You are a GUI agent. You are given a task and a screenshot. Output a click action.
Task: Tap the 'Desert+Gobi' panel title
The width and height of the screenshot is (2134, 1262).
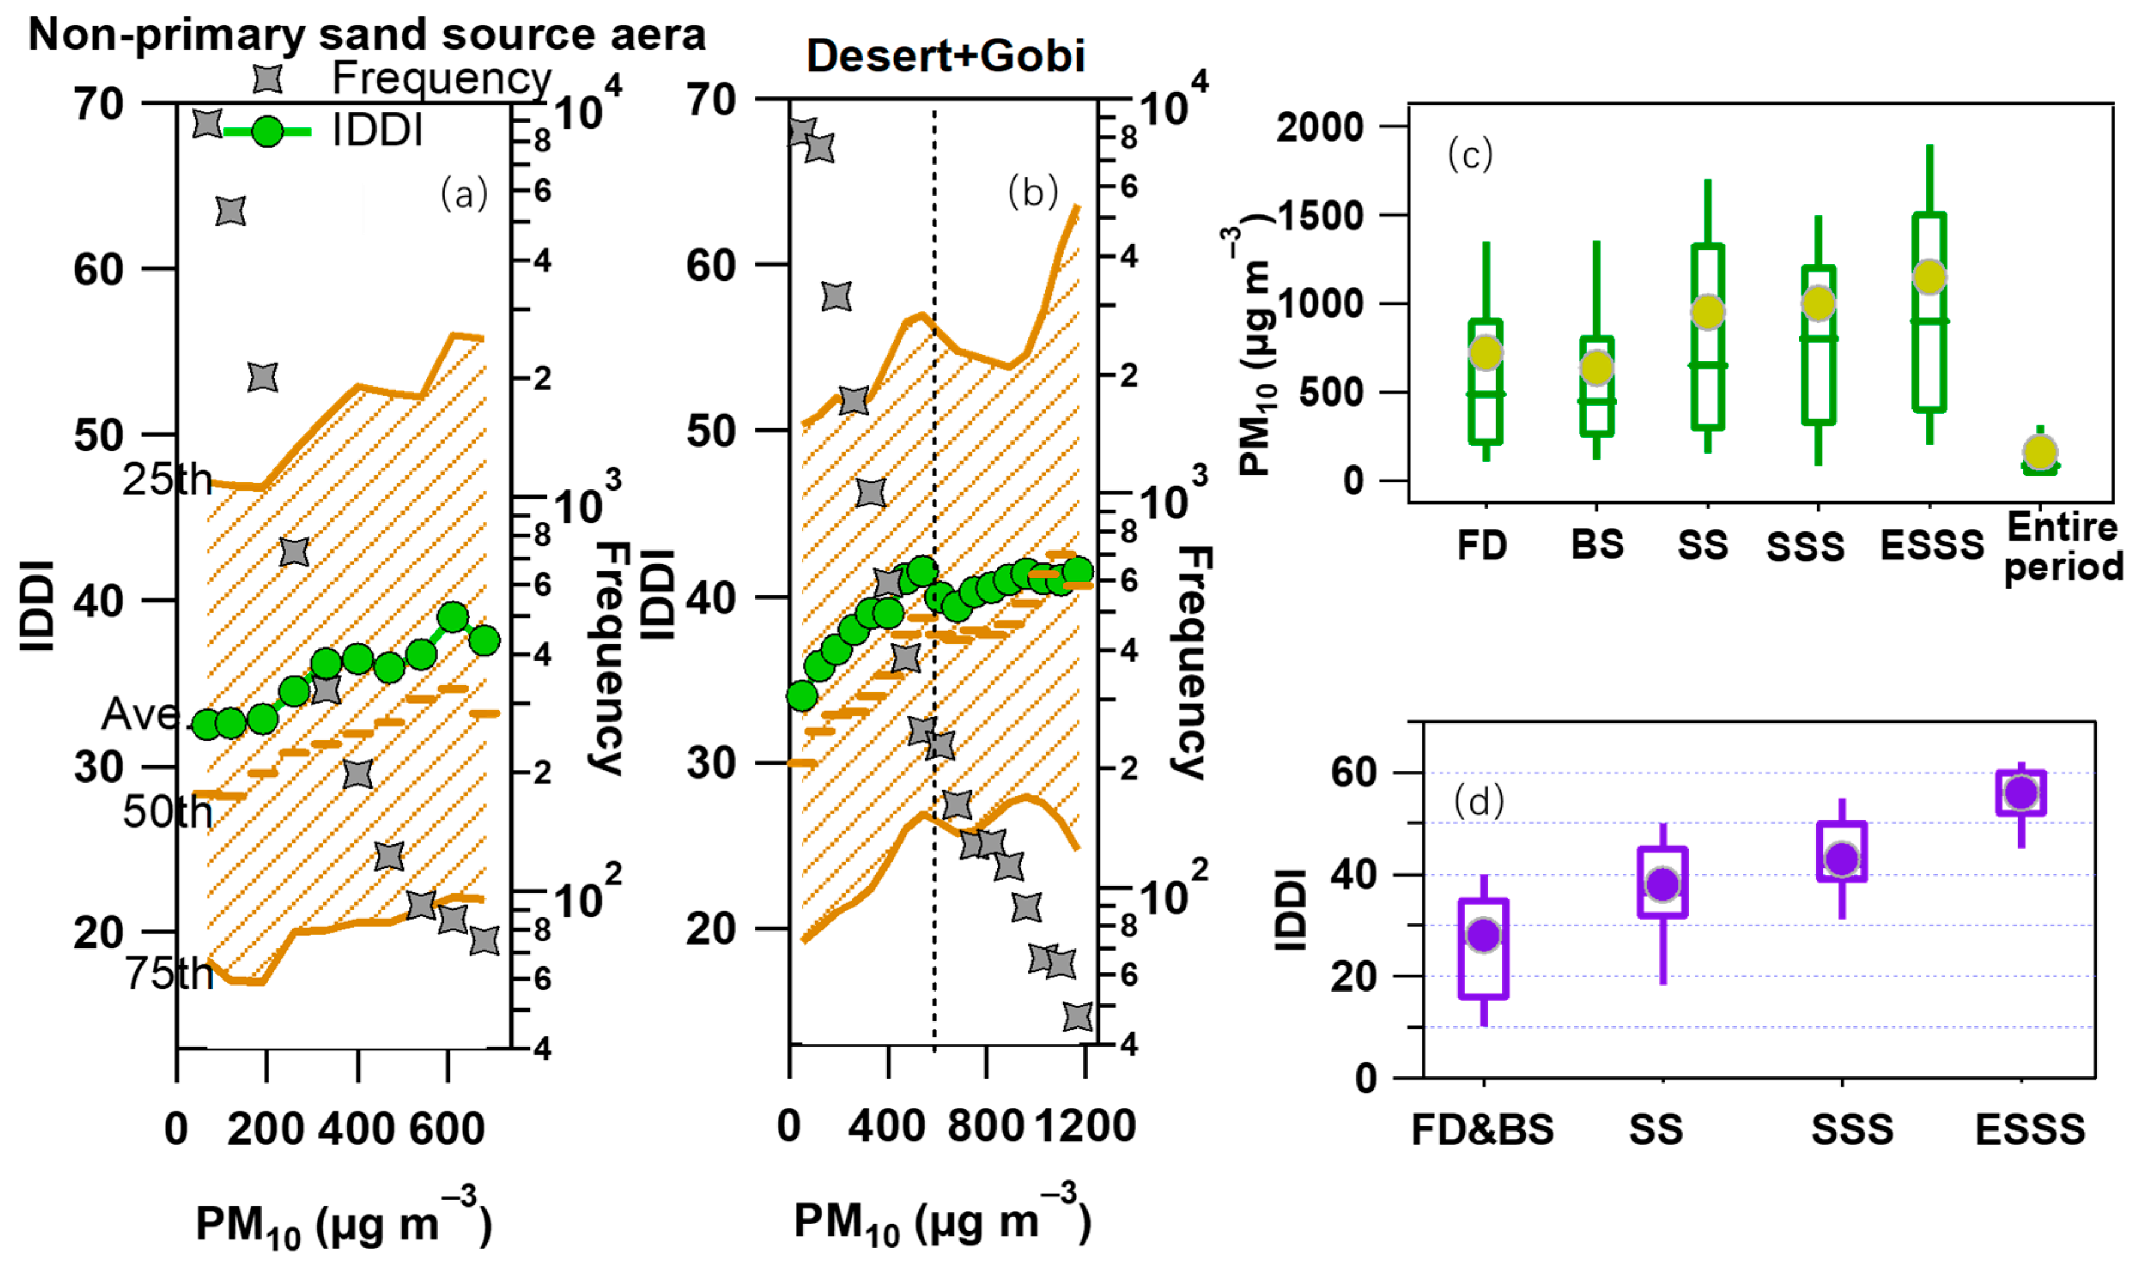[x=945, y=57]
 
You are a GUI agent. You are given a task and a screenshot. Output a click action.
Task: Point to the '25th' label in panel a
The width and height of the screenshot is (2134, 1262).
[x=166, y=481]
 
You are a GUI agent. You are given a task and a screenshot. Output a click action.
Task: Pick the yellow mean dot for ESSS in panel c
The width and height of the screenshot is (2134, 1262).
[x=1929, y=277]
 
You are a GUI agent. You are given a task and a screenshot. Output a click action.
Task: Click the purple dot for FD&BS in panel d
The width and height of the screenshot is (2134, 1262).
[x=1483, y=935]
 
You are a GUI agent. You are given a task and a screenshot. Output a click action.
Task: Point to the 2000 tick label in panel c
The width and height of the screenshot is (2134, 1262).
[x=1319, y=127]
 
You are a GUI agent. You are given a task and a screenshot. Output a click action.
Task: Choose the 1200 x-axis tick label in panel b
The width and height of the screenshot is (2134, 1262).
[x=1085, y=1126]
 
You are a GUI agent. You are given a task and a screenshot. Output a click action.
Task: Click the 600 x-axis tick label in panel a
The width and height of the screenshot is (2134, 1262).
[x=447, y=1129]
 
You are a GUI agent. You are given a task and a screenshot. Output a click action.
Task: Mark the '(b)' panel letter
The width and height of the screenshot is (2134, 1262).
[x=1033, y=192]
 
